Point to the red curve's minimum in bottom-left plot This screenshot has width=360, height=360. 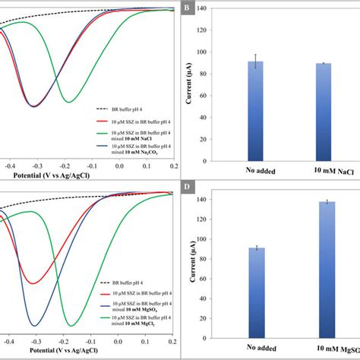tap(33, 283)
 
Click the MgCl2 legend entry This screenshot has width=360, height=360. tap(125, 327)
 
